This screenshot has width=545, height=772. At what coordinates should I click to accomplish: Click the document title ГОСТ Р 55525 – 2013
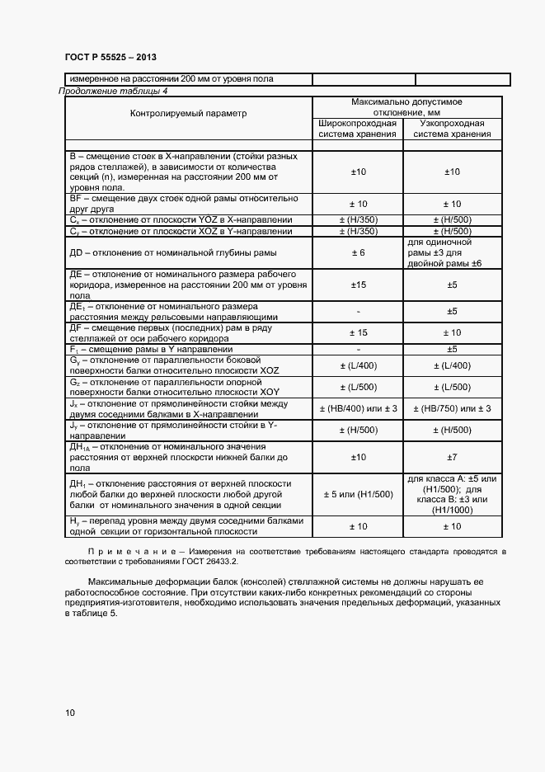pyautogui.click(x=110, y=57)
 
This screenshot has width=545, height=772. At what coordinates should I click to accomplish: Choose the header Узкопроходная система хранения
pyautogui.click(x=452, y=129)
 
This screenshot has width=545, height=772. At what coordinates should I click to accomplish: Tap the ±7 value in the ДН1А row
pyautogui.click(x=452, y=456)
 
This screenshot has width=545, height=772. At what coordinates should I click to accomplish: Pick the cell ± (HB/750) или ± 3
pyautogui.click(x=452, y=408)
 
